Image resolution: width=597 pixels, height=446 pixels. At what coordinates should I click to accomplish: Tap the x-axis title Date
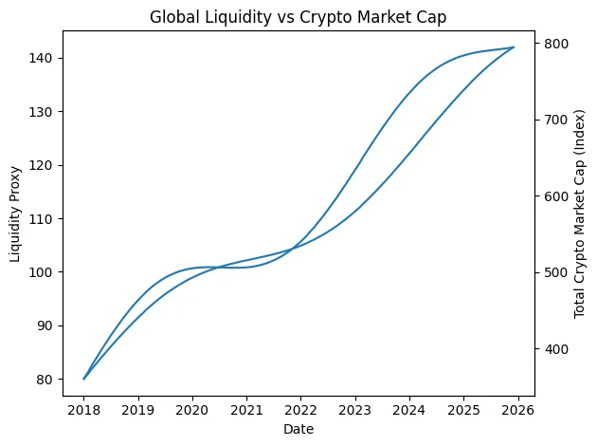tap(298, 429)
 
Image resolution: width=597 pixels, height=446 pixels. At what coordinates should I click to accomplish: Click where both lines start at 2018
tap(84, 379)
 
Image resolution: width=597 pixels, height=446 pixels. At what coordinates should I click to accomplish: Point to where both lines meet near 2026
tap(513, 47)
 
